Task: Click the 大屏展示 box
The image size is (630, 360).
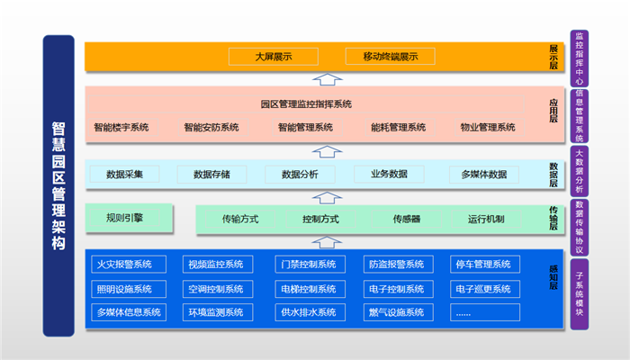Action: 273,57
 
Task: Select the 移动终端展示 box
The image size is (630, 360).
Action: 391,57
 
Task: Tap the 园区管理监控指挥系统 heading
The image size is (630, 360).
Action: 306,104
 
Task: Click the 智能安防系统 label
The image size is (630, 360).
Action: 211,127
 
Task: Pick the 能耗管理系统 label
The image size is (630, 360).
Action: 398,127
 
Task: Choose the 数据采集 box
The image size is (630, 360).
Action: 131,174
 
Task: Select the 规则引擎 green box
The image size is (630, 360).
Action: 125,218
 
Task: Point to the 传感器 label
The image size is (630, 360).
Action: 406,219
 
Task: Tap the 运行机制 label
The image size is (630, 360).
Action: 486,219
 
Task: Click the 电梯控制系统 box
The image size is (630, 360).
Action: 308,289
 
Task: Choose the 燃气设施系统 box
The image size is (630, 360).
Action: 396,312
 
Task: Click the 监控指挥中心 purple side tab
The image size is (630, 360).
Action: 579,57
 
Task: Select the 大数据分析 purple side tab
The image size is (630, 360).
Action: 579,171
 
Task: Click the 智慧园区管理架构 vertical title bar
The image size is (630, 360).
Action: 58,186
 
